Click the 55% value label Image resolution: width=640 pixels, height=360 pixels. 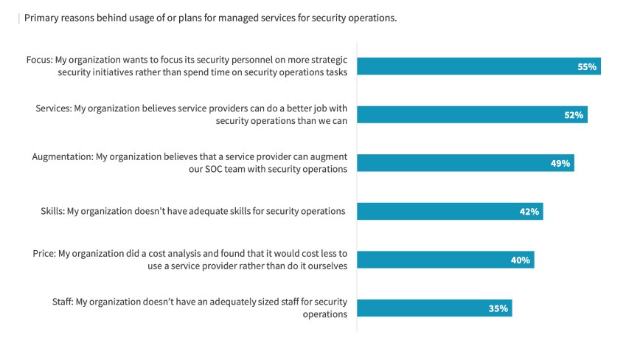pyautogui.click(x=586, y=67)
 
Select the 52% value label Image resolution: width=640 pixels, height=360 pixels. pyautogui.click(x=574, y=115)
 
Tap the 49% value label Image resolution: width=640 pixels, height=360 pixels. pyautogui.click(x=560, y=164)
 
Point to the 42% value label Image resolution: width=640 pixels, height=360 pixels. pyautogui.click(x=529, y=212)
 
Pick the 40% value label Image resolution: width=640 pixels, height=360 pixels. pyautogui.click(x=521, y=260)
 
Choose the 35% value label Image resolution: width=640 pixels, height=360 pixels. pyautogui.click(x=498, y=308)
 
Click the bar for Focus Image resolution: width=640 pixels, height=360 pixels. pyautogui.click(x=479, y=67)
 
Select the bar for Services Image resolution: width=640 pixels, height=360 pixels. pyautogui.click(x=472, y=115)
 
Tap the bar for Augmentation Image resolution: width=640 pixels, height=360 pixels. pyautogui.click(x=465, y=164)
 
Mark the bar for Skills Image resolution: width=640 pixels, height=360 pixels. pyautogui.click(x=450, y=212)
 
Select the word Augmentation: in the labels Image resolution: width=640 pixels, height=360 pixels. pyautogui.click(x=63, y=156)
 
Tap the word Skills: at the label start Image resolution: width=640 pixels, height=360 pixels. pyautogui.click(x=52, y=212)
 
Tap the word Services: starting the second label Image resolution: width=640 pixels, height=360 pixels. pyautogui.click(x=53, y=108)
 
